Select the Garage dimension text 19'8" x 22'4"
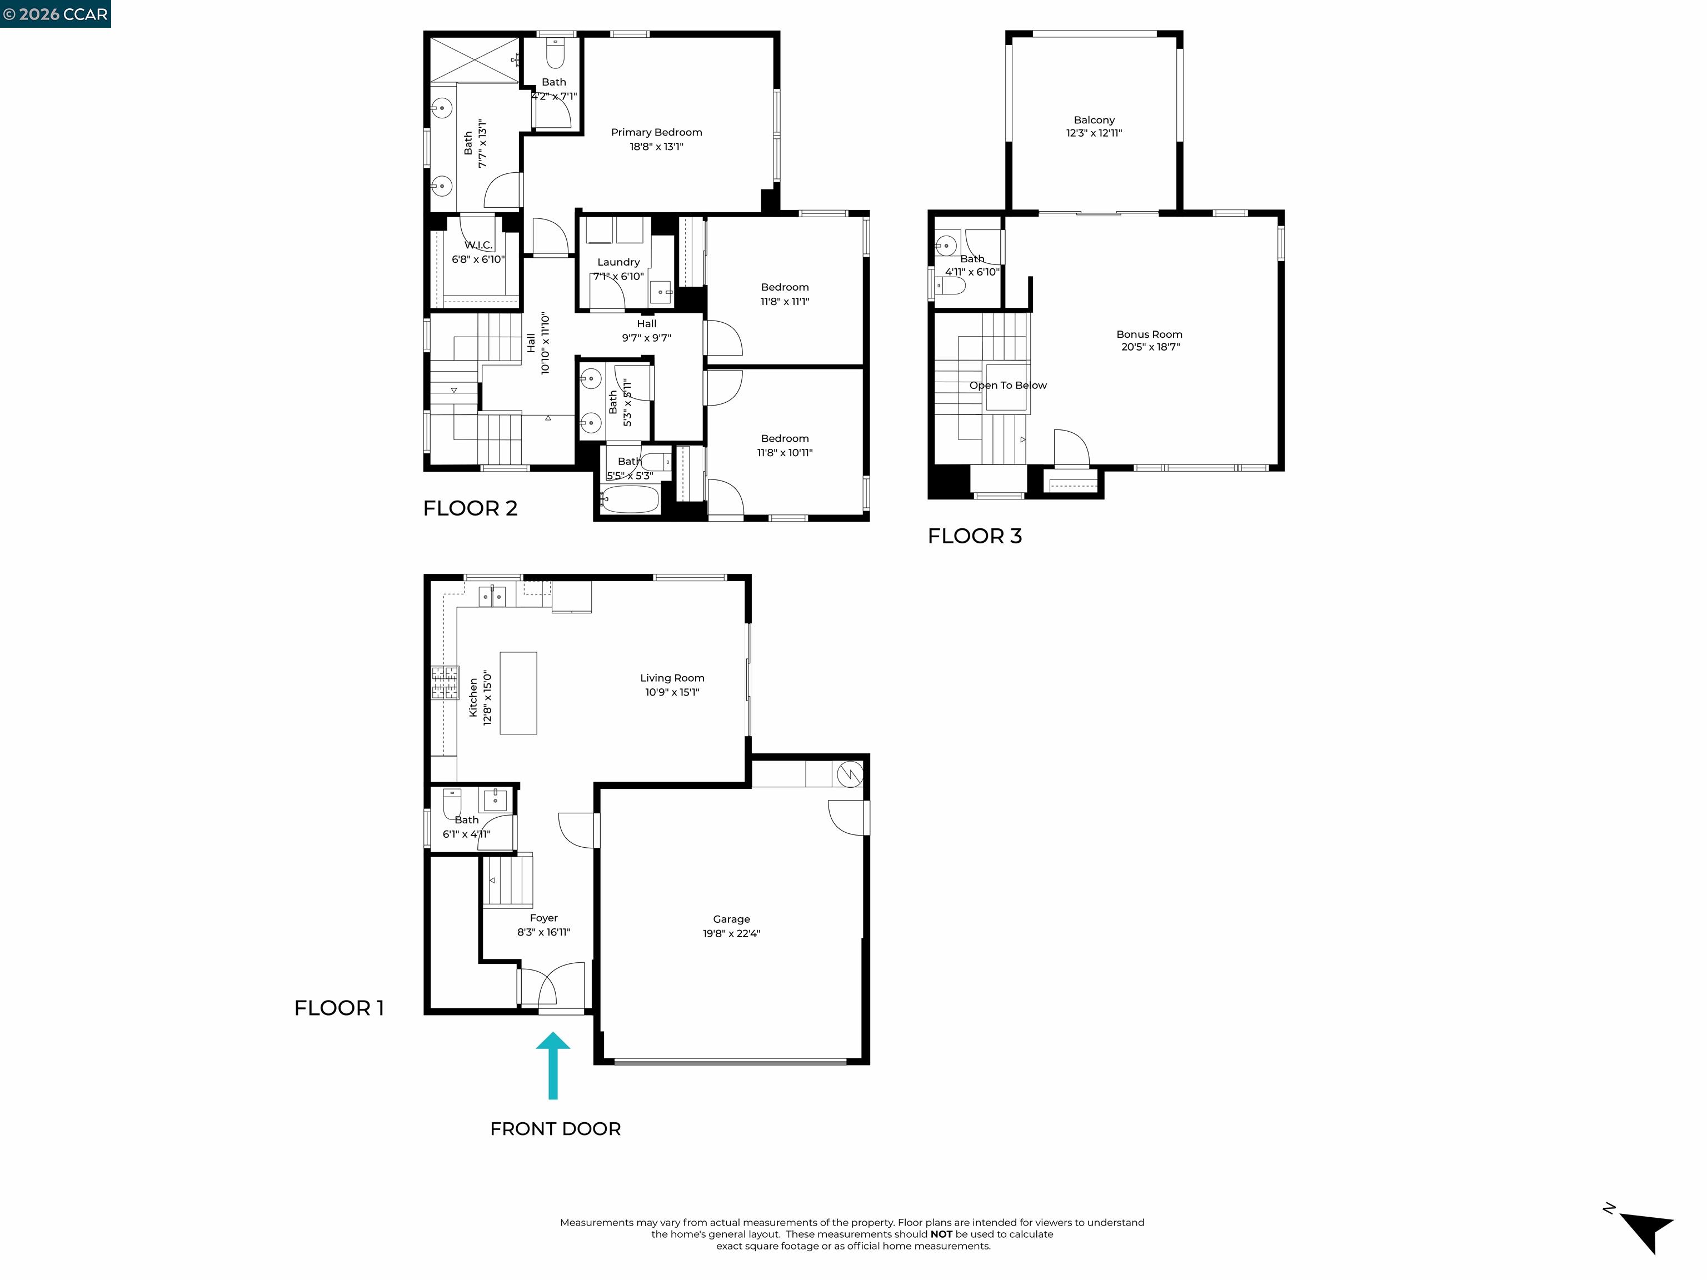click(731, 933)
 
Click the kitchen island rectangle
click(518, 693)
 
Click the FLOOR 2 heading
click(470, 508)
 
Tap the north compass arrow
click(1648, 1231)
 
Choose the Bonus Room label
click(1149, 334)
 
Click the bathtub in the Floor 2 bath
click(630, 500)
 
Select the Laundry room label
click(618, 262)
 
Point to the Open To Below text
click(1008, 385)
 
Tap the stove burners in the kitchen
click(445, 683)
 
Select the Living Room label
click(671, 678)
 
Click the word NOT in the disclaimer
click(941, 1234)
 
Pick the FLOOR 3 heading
click(974, 536)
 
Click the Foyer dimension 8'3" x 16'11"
click(543, 932)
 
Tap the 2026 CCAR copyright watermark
click(55, 14)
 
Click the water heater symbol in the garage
click(850, 774)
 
